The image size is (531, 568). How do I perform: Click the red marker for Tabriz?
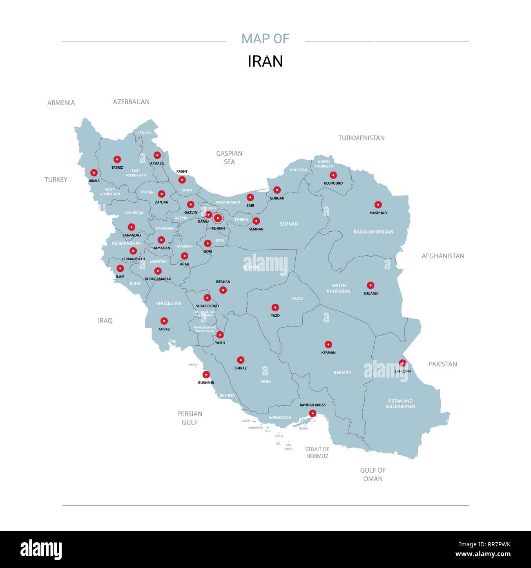[117, 159]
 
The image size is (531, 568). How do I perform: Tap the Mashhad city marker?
[378, 205]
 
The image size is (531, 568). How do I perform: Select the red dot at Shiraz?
[241, 360]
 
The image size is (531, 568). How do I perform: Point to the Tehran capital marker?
[218, 218]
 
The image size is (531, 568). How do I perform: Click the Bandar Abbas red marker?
[312, 413]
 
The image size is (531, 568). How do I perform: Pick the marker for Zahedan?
[402, 363]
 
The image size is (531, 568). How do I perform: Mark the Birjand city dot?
[370, 285]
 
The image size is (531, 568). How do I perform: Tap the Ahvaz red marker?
[164, 321]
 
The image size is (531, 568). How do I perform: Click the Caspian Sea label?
[229, 157]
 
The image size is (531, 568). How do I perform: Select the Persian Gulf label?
[190, 418]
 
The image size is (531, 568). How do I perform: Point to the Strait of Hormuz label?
[317, 452]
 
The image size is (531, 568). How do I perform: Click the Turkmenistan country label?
[361, 138]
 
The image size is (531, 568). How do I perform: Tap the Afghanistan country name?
[443, 256]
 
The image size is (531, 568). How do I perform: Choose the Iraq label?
[105, 321]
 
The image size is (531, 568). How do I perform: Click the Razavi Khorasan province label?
[373, 232]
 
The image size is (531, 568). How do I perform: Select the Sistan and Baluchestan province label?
[400, 404]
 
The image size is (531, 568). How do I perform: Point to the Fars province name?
[265, 381]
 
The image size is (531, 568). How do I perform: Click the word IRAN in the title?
[265, 61]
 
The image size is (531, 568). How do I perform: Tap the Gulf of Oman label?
[373, 474]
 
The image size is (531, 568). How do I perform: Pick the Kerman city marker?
[328, 344]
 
